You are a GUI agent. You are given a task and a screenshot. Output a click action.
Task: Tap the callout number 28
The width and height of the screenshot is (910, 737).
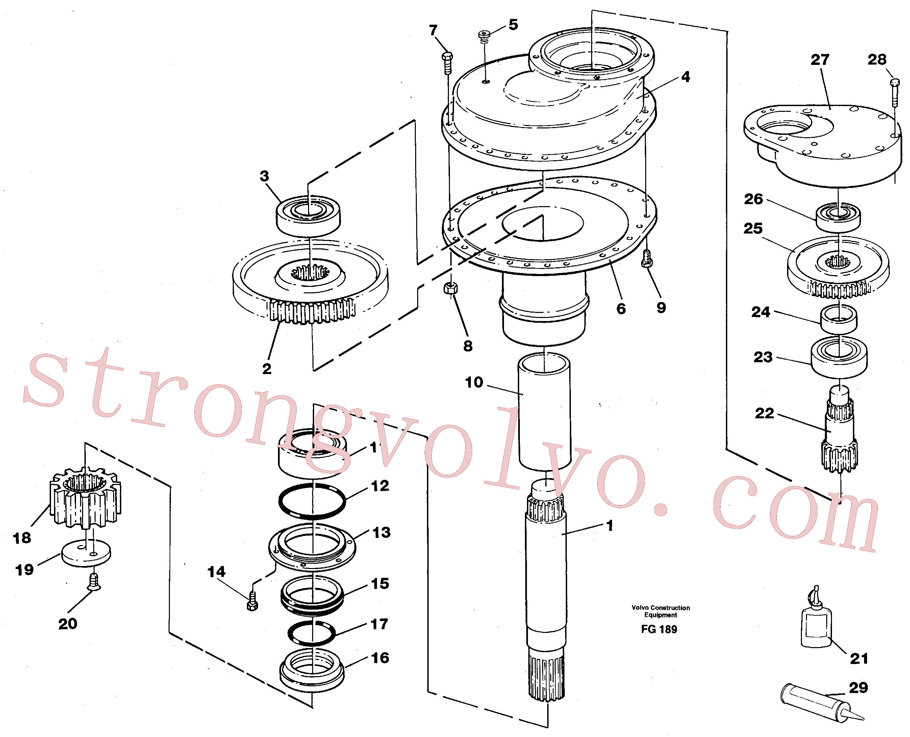coord(877,59)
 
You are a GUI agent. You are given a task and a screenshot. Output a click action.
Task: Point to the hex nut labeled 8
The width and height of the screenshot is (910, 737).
coord(450,288)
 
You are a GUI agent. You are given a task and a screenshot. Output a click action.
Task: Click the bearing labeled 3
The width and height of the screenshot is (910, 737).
coord(308,216)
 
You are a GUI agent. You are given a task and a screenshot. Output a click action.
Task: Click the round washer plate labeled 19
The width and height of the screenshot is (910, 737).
coord(86,553)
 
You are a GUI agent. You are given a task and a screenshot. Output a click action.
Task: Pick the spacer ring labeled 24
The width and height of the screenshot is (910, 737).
coord(838,320)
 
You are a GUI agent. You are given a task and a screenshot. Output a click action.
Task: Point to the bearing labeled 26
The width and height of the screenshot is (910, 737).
coord(838,218)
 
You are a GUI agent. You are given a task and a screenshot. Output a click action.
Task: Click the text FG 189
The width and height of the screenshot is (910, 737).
coord(659,629)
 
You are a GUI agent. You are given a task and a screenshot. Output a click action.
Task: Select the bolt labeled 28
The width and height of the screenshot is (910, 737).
coord(894,93)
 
